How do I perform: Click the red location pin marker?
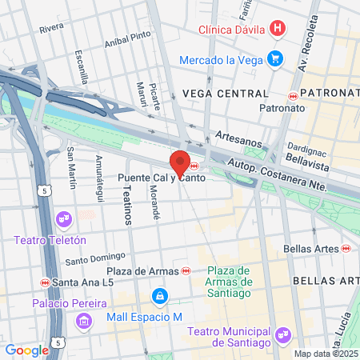click(x=180, y=162)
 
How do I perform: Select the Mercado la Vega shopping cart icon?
click(x=275, y=58)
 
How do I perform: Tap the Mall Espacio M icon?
click(x=161, y=297)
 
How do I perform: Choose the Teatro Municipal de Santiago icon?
click(x=281, y=334)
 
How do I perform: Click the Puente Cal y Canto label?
click(x=151, y=178)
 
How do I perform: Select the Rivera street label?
click(x=51, y=27)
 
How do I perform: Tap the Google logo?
click(x=26, y=350)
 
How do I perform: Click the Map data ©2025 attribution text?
click(x=325, y=354)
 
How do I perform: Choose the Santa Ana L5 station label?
click(x=78, y=282)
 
